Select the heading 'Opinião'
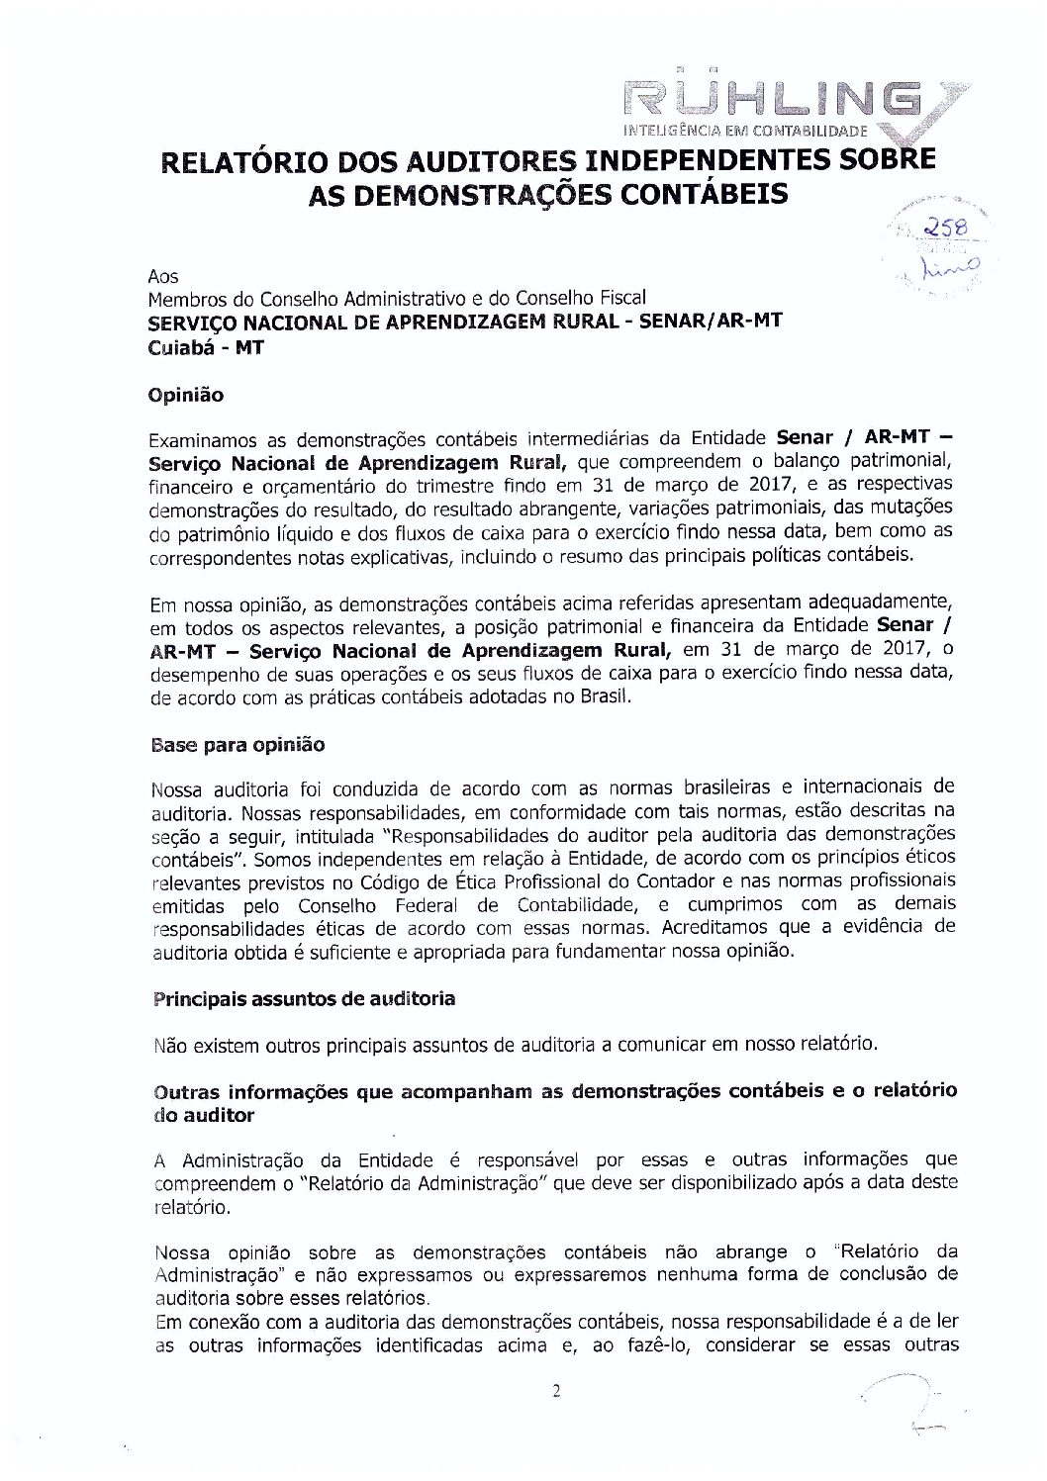tap(185, 395)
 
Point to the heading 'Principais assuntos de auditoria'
tap(303, 998)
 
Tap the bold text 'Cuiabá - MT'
tap(205, 347)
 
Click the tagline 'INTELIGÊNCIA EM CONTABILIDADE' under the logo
tap(745, 131)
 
